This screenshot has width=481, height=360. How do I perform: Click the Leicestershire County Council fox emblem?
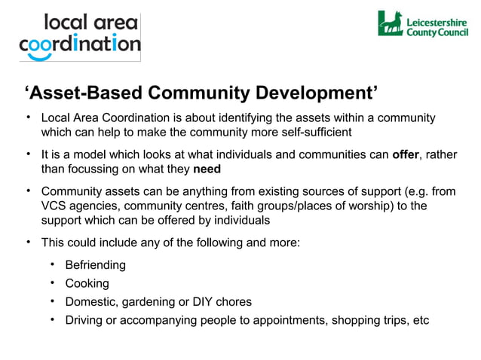391,23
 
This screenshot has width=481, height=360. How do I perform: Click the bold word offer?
406,155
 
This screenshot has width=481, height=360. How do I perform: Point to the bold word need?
207,169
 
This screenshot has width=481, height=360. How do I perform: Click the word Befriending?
95,265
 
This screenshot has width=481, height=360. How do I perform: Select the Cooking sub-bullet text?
87,283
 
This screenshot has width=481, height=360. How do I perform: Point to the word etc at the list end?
420,320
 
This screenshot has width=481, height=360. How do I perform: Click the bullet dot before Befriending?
53,264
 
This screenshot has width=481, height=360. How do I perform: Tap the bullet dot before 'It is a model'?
28,154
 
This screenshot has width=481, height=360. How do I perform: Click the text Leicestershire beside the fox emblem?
437,21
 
